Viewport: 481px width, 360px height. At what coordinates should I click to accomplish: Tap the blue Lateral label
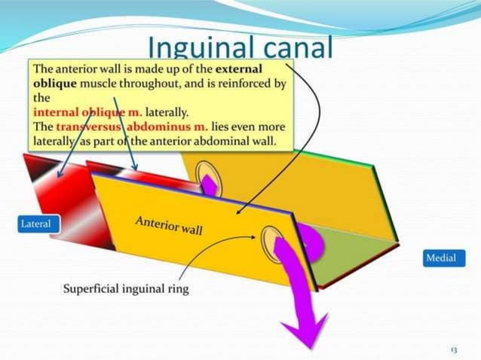click(36, 224)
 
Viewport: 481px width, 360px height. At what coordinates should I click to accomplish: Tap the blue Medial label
click(441, 258)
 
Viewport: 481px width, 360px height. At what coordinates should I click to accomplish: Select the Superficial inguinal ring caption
click(125, 288)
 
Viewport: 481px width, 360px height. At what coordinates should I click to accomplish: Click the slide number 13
click(453, 349)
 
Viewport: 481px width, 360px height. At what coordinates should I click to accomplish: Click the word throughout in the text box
click(161, 84)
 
